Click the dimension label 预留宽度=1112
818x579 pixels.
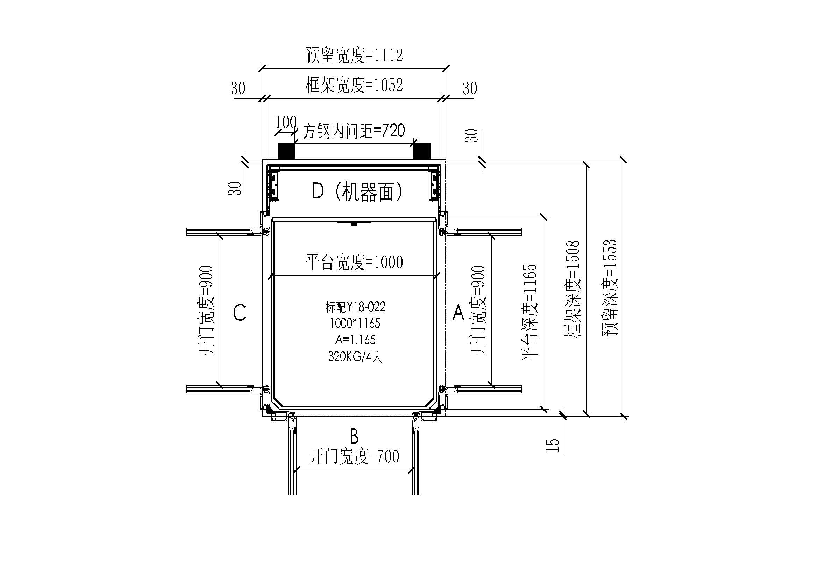[x=354, y=56]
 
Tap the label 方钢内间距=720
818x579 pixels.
[x=354, y=131]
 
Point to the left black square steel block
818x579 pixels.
[x=286, y=151]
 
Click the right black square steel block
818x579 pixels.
[x=422, y=151]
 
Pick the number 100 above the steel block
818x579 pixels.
[x=286, y=122]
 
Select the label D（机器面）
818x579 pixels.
[x=357, y=192]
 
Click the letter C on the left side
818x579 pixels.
[x=240, y=313]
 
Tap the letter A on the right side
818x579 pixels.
[x=458, y=313]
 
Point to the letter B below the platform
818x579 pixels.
[x=354, y=436]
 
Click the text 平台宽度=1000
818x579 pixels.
[x=354, y=263]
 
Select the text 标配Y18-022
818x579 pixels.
[x=355, y=307]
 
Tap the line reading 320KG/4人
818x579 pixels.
[x=355, y=356]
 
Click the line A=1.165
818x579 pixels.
[x=355, y=340]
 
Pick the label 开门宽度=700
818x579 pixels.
[x=354, y=457]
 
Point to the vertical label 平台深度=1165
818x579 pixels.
[x=530, y=312]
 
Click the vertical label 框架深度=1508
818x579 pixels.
[x=572, y=289]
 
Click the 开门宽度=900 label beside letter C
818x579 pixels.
[x=206, y=310]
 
